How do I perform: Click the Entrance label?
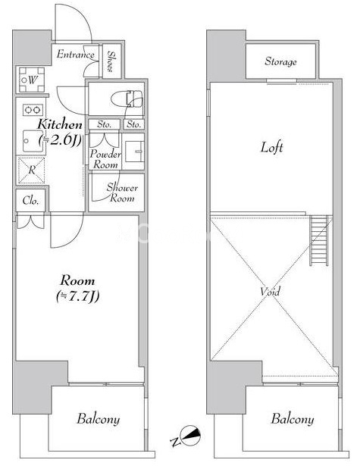tap(76, 55)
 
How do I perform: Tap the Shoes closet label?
tap(111, 61)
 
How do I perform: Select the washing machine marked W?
tap(32, 80)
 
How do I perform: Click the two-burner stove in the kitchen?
tap(33, 110)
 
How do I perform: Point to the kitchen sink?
tap(33, 141)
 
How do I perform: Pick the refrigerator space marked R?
tap(32, 170)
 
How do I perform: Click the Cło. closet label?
tap(30, 201)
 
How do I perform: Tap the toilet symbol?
tap(127, 99)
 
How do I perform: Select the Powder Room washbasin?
tap(135, 152)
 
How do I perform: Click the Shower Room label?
tap(122, 193)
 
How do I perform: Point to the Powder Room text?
tap(105, 159)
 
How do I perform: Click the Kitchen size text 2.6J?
tap(61, 140)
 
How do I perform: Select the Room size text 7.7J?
tap(77, 296)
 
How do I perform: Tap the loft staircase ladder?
tap(319, 240)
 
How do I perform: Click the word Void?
tap(270, 291)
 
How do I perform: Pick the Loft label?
tap(272, 147)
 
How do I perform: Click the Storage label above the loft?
tap(280, 61)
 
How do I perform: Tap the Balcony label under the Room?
tap(99, 419)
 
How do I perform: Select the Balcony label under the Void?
tap(293, 419)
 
